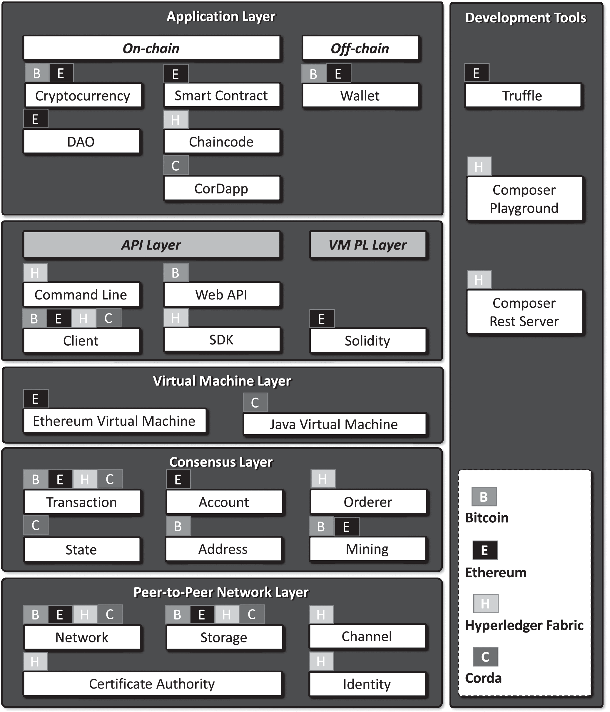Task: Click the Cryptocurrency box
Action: (83, 95)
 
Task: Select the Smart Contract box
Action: (222, 95)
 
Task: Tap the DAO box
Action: (81, 141)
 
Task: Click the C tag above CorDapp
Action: (176, 165)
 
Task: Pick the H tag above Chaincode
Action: (176, 119)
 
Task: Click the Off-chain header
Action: (360, 48)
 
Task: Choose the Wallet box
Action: (360, 95)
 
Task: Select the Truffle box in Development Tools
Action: (523, 95)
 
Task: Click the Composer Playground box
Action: (524, 198)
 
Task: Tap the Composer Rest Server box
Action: (524, 312)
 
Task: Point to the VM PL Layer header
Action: (368, 245)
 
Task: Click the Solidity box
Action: (368, 341)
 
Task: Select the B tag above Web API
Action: (176, 272)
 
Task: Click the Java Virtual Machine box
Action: (334, 424)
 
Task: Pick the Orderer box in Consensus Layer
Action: (368, 502)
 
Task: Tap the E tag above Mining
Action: (347, 526)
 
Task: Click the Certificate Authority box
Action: (152, 684)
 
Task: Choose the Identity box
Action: (367, 684)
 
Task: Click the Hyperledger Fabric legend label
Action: (524, 625)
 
